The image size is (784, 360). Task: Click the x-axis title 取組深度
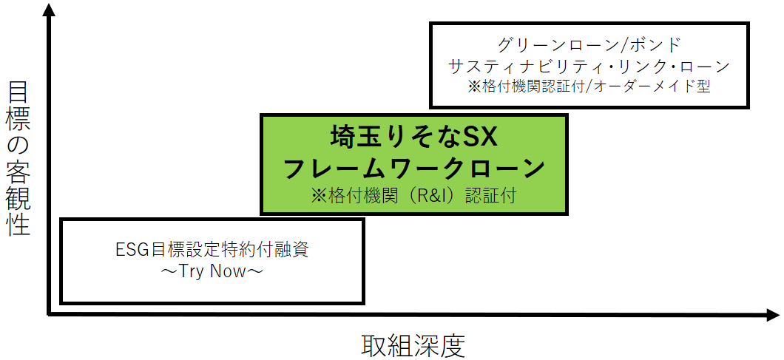tap(413, 344)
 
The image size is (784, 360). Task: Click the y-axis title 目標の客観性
tap(19, 158)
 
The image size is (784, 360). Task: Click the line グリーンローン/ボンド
tap(589, 44)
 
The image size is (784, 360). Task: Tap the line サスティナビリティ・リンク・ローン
tap(589, 66)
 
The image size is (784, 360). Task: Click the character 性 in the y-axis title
tap(19, 222)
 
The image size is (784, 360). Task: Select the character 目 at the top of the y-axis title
tap(19, 95)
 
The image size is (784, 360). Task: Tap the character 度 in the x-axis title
tap(453, 344)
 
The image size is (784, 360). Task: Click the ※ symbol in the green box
tap(318, 197)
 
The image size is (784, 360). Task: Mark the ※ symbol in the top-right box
tap(474, 86)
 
